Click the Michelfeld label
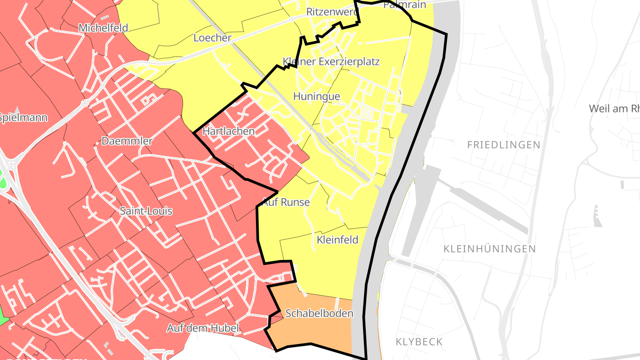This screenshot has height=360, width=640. tap(103, 28)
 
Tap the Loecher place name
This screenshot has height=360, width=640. tap(212, 38)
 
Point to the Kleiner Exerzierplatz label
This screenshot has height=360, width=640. tap(331, 61)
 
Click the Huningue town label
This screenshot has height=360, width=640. tap(316, 96)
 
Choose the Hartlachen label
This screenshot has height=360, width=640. tap(228, 131)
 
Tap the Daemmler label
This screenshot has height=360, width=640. tap(127, 141)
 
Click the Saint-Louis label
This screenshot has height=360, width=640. tap(146, 211)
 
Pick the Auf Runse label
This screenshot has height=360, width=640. tap(286, 202)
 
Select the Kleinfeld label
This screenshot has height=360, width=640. tap(337, 240)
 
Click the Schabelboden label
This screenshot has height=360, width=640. tap(319, 313)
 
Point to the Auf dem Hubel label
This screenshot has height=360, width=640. tap(203, 328)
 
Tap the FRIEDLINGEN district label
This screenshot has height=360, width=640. tap(504, 145)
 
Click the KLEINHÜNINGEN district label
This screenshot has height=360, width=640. tap(489, 249)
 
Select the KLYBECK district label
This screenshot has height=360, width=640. tap(419, 342)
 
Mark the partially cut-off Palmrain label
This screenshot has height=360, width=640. tap(404, 5)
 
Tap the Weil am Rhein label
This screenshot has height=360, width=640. tap(614, 108)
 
